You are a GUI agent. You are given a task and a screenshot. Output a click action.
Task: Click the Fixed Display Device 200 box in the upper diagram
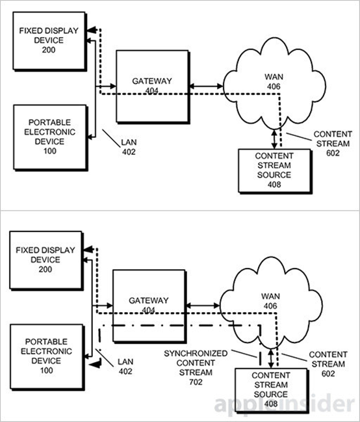pyautogui.click(x=49, y=41)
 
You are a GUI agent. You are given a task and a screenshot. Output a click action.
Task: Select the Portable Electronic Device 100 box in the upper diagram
pyautogui.click(x=51, y=138)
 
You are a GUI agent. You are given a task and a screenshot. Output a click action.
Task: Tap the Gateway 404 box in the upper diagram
pyautogui.click(x=153, y=87)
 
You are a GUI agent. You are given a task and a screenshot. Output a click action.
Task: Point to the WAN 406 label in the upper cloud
pyautogui.click(x=274, y=81)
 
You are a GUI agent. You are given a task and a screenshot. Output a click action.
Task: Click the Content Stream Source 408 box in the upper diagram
pyautogui.click(x=275, y=171)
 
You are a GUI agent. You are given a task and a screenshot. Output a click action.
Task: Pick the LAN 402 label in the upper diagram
pyautogui.click(x=129, y=147)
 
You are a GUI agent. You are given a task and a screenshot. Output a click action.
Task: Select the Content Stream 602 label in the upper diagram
pyautogui.click(x=333, y=144)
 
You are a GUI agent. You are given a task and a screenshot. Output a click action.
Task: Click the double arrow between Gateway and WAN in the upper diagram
pyautogui.click(x=206, y=86)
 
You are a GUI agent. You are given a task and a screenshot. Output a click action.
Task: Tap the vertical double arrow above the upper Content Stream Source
pyautogui.click(x=274, y=139)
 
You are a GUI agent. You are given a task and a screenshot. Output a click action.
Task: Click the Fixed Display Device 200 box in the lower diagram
pyautogui.click(x=46, y=261)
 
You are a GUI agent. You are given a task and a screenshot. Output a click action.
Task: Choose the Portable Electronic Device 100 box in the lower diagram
pyautogui.click(x=47, y=357)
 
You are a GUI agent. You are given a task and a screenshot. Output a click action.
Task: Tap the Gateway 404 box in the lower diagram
pyautogui.click(x=149, y=306)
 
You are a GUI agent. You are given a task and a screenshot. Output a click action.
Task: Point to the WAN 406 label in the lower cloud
pyautogui.click(x=270, y=301)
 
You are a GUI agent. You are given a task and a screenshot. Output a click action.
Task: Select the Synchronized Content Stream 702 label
pyautogui.click(x=196, y=367)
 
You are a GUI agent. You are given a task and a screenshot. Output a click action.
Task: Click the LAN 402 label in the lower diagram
pyautogui.click(x=125, y=366)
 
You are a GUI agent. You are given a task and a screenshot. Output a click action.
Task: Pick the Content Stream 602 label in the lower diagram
pyautogui.click(x=328, y=364)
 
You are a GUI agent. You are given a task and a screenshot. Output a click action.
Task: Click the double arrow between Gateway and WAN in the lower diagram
pyautogui.click(x=203, y=306)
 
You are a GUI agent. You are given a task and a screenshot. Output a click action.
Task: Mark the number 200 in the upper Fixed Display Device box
pyautogui.click(x=49, y=50)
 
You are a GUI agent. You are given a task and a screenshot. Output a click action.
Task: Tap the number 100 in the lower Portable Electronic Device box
pyautogui.click(x=47, y=371)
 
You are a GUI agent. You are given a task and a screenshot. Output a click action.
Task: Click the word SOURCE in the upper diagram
pyautogui.click(x=274, y=175)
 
